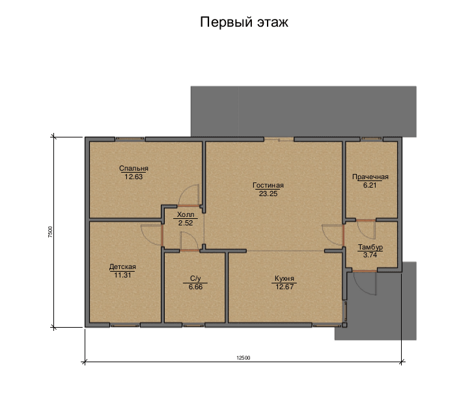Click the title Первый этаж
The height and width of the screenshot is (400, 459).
click(x=244, y=22)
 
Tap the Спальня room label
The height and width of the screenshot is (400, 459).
click(x=133, y=168)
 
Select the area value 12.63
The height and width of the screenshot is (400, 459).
click(x=133, y=177)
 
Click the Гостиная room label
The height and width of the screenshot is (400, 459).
click(x=268, y=186)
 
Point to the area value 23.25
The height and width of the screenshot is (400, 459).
click(x=268, y=193)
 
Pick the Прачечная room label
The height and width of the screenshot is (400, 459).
click(x=370, y=177)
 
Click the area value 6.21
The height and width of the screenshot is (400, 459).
click(x=370, y=185)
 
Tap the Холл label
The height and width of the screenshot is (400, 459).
click(x=186, y=214)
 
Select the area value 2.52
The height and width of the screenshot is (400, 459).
click(x=186, y=223)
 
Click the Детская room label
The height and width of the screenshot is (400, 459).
click(x=122, y=266)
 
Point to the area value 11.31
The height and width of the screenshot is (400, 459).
click(x=122, y=275)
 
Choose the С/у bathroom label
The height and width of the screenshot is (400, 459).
click(x=195, y=278)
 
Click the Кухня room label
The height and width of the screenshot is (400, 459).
click(x=285, y=278)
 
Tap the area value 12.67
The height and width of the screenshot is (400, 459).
click(x=285, y=287)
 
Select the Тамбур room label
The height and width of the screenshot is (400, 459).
click(x=370, y=247)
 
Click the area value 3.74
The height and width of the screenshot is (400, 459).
click(x=370, y=255)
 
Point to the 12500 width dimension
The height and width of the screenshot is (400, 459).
click(x=243, y=358)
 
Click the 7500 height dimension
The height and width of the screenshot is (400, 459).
click(x=50, y=232)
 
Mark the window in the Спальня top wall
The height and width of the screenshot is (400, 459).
click(x=130, y=139)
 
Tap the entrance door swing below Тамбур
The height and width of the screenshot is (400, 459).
click(x=365, y=283)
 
